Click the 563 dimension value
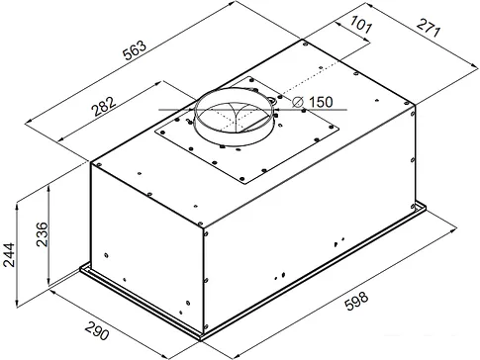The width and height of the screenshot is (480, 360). [x=135, y=50]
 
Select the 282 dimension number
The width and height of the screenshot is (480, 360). [x=104, y=106]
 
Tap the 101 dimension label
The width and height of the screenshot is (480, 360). [x=361, y=25]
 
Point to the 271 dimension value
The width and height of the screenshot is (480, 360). [x=429, y=28]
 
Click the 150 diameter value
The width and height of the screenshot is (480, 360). [x=321, y=102]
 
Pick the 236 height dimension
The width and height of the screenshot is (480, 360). [x=43, y=234]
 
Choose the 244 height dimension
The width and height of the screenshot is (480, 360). [x=9, y=254]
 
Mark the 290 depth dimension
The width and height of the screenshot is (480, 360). [x=97, y=330]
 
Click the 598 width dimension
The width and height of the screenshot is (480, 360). [x=356, y=301]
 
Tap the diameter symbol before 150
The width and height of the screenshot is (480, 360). [x=298, y=102]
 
